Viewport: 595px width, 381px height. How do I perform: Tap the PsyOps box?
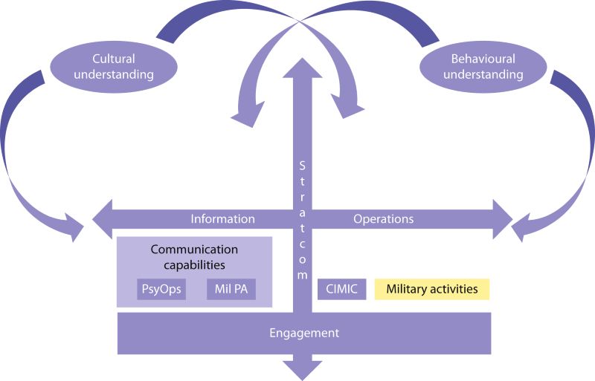coord(161,288)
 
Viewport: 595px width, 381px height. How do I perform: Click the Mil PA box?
coord(231,288)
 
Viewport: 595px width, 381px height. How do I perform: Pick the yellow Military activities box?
coord(432,289)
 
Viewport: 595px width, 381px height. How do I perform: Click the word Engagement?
coord(303,333)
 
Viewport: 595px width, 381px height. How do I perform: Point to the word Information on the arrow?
coord(223,219)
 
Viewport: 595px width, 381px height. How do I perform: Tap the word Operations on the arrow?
coord(383,219)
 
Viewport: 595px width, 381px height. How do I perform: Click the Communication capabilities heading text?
coord(194,256)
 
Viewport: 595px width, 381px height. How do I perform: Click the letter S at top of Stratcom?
coord(302,165)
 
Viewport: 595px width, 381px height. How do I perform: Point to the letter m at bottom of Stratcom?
coord(302,274)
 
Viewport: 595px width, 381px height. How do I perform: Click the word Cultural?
coord(113,58)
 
